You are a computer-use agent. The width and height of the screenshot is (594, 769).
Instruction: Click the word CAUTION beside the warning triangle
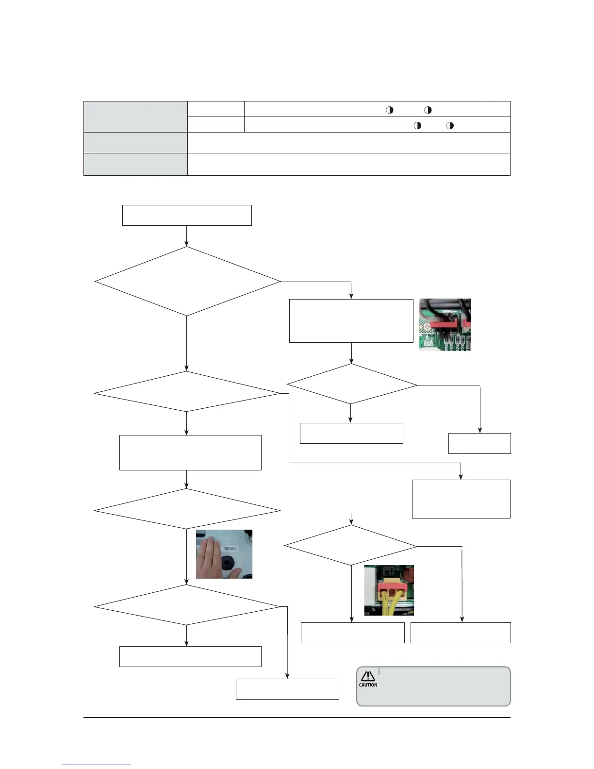[368, 685]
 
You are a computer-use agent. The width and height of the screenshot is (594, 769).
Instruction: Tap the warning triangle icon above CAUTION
[368, 676]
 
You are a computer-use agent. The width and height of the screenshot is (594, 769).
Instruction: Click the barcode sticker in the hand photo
[229, 549]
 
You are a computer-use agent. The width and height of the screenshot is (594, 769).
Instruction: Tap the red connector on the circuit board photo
[442, 322]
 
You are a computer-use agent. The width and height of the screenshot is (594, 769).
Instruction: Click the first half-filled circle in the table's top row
[389, 110]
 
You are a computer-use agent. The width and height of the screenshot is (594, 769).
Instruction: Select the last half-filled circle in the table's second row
[450, 125]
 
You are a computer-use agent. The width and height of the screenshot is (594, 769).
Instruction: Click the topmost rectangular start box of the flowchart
[187, 215]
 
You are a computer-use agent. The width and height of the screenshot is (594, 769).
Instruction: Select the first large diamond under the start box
[187, 282]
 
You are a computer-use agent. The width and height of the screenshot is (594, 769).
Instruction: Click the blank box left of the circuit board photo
[351, 321]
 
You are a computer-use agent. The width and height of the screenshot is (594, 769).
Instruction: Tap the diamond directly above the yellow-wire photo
[350, 546]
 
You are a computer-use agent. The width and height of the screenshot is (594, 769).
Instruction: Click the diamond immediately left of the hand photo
[187, 509]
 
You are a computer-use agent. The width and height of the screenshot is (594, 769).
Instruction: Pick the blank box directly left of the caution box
[287, 689]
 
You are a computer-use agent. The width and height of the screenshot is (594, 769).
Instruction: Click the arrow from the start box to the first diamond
[187, 236]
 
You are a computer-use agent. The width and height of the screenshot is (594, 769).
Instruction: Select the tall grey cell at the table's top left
[135, 117]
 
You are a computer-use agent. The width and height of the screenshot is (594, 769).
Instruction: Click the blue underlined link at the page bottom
[96, 765]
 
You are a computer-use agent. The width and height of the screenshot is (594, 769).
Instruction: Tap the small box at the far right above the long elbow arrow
[479, 443]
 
